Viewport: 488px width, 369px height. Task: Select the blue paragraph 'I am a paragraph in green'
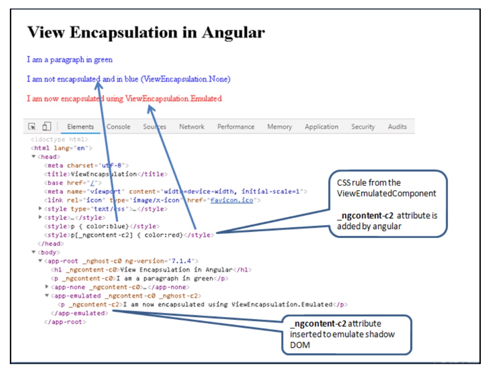70,60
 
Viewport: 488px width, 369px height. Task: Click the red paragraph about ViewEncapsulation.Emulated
124,99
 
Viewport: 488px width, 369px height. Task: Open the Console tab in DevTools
118,127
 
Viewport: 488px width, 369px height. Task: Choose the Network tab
192,127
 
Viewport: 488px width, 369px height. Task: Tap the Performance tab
236,127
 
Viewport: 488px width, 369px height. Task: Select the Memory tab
280,127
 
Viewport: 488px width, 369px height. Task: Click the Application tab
321,127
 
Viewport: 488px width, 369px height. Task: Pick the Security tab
363,127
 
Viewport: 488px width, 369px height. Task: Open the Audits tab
397,127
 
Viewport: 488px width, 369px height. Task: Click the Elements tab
80,127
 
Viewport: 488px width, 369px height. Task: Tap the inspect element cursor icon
32,126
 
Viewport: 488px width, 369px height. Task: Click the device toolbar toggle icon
47,126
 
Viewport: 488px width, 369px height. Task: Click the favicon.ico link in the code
232,200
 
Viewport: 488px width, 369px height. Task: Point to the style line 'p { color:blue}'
102,226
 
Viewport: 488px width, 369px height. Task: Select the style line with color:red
129,235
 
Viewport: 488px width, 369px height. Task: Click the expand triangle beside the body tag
34,252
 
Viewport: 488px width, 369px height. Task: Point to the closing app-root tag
65,322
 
